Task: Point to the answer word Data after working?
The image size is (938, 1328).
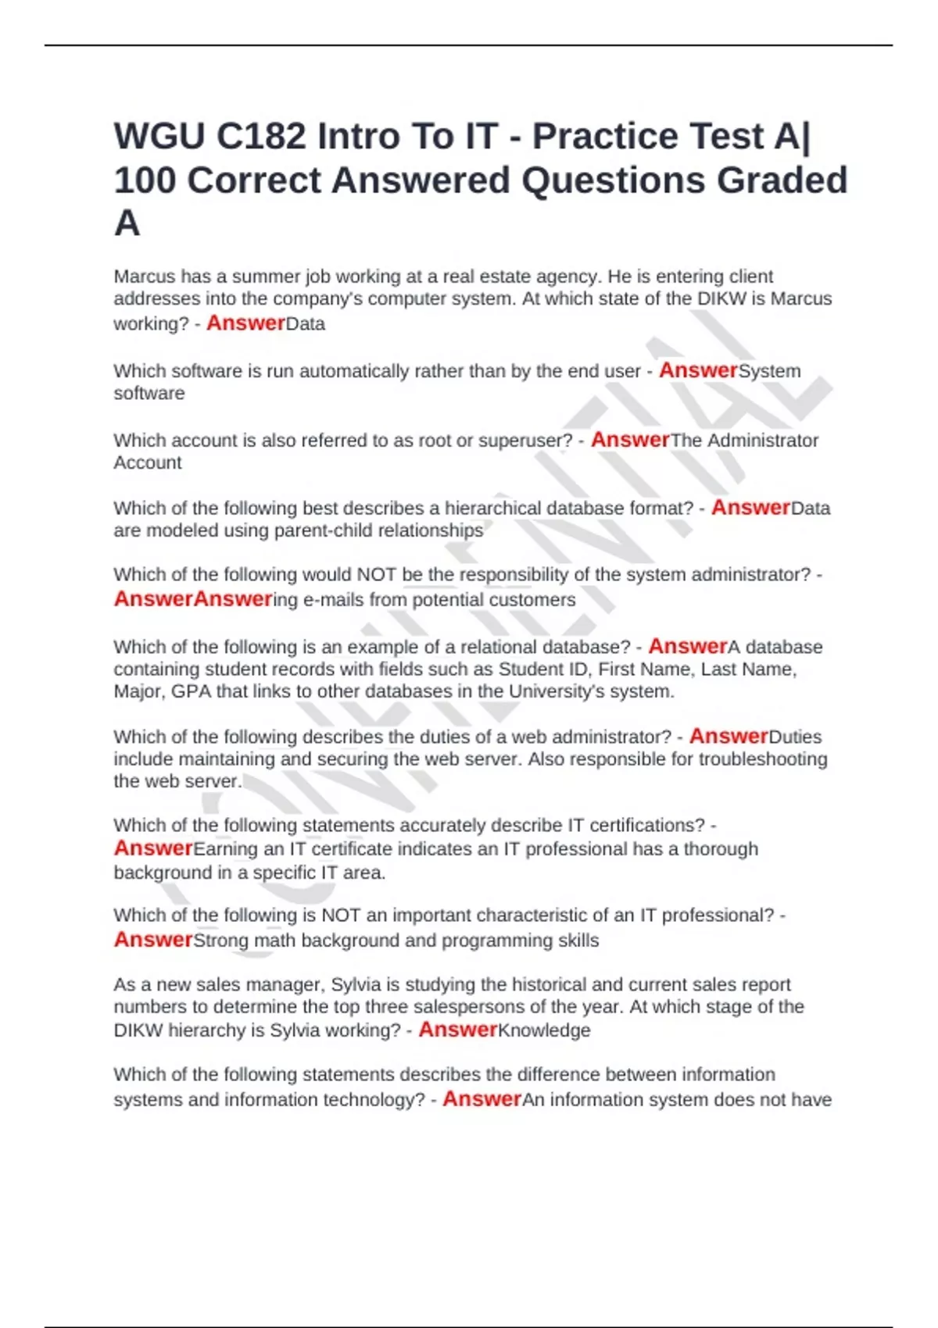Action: (x=306, y=324)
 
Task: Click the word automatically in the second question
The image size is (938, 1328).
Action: (x=354, y=371)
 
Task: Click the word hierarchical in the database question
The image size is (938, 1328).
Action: (x=493, y=509)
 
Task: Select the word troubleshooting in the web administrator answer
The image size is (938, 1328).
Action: (x=762, y=759)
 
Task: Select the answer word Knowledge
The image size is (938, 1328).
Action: (x=544, y=1031)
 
